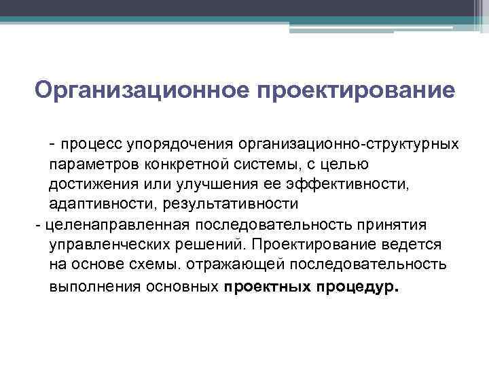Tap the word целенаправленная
tap(96, 224)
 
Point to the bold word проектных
tap(266, 285)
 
